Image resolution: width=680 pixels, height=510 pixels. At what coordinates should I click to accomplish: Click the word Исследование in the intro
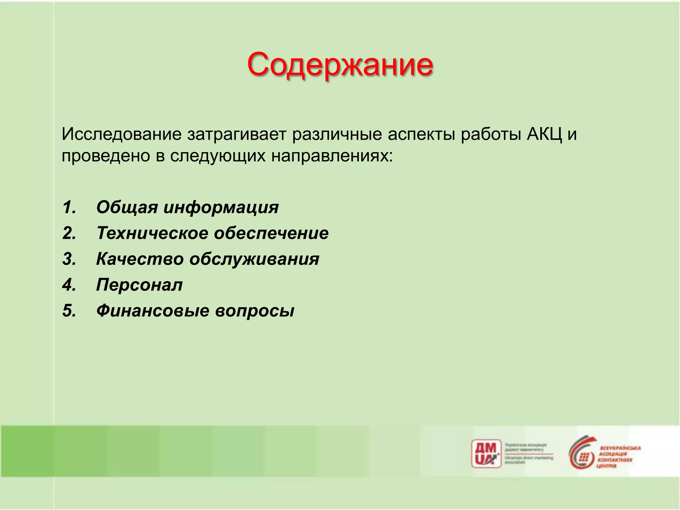point(122,134)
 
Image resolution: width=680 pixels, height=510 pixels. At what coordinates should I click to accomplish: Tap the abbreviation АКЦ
point(545,134)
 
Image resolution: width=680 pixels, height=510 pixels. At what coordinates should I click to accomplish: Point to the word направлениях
point(332,156)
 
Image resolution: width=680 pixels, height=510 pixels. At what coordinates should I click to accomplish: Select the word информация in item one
point(221,208)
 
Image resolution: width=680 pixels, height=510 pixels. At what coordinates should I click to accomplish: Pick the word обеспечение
point(271,233)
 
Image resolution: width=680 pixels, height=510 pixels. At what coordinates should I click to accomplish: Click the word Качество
point(140,259)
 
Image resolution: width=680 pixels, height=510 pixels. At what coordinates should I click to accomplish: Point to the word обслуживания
point(254,259)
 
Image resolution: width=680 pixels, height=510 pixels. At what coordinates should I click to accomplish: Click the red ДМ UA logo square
point(486,454)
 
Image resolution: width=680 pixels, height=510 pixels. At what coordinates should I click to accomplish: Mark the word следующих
point(218,156)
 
